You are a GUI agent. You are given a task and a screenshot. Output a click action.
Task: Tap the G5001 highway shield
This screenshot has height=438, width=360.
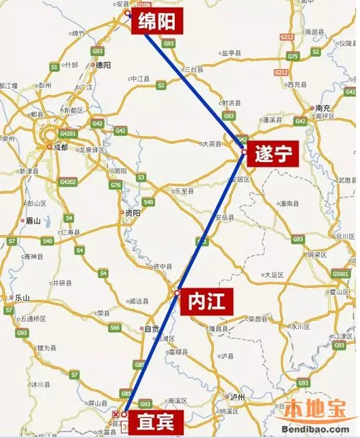click(340, 274)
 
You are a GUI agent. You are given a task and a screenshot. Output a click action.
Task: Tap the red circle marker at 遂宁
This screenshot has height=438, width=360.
click(244, 151)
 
